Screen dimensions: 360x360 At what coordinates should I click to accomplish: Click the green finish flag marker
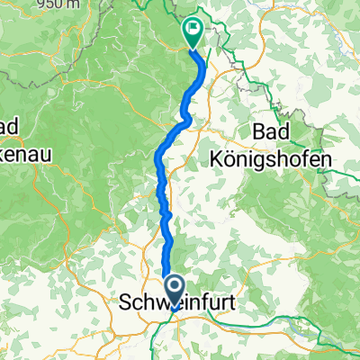(193, 32)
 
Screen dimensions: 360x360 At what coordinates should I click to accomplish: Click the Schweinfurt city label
(176, 306)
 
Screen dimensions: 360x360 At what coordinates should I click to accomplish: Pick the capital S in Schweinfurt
(125, 306)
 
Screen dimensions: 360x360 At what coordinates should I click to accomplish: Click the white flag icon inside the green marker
(193, 30)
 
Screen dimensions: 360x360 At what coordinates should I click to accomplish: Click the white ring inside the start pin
(170, 284)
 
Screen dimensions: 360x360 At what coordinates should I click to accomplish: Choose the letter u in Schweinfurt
(210, 306)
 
